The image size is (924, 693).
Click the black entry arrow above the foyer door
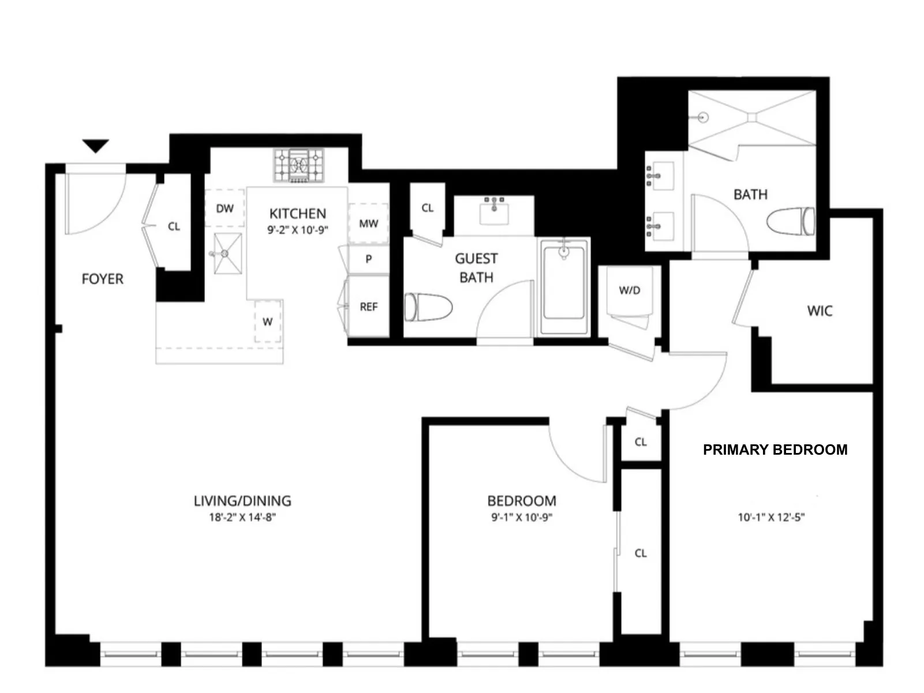click(96, 146)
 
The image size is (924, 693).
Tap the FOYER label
click(103, 279)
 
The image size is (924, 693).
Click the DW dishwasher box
click(225, 208)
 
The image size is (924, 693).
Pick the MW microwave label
click(368, 223)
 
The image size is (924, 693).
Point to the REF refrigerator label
click(368, 307)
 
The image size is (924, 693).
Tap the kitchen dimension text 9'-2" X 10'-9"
click(298, 230)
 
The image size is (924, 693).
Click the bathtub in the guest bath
click(564, 287)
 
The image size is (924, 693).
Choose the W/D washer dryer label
click(630, 290)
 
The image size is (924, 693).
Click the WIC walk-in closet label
click(820, 312)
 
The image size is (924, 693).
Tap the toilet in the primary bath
click(792, 222)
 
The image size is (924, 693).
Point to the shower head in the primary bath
click(702, 117)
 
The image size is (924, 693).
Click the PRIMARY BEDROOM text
click(775, 449)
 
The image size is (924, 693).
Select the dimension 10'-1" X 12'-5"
click(771, 518)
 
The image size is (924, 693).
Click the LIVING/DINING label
click(242, 501)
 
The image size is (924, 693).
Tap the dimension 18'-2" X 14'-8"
click(242, 518)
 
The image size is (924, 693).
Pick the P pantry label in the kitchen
click(368, 260)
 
